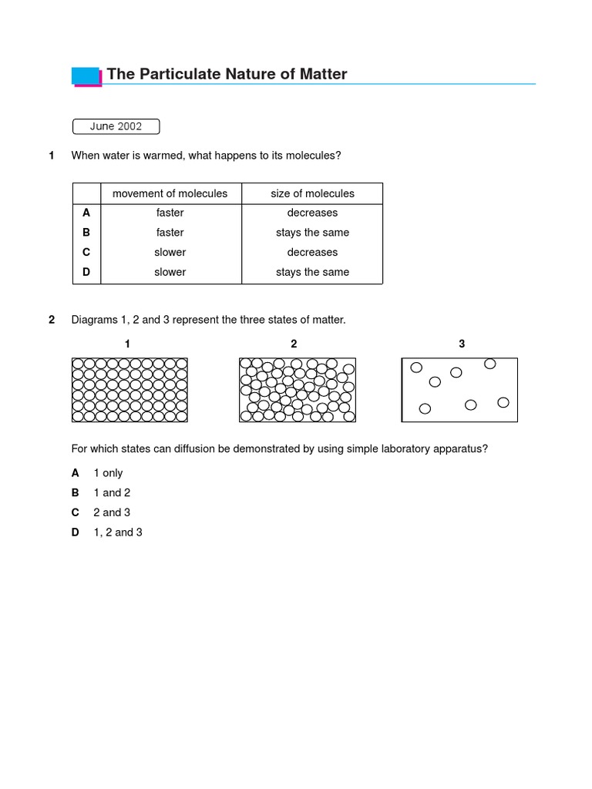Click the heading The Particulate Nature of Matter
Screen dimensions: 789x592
(227, 74)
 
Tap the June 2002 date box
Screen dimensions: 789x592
(116, 126)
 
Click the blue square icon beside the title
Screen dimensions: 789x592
(86, 76)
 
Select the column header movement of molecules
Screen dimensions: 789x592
(170, 193)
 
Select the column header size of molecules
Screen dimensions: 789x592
(312, 193)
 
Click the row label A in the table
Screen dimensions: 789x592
(86, 213)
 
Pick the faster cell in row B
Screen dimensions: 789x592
(170, 233)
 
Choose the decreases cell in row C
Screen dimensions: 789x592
(312, 252)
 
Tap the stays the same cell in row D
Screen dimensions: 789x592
(312, 272)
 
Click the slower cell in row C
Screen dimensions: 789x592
(170, 252)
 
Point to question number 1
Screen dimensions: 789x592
(52, 156)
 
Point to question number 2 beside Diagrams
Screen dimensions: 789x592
(52, 320)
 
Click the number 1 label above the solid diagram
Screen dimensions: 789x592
(127, 344)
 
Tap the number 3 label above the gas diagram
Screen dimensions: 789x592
(462, 344)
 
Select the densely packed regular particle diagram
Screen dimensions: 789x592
(129, 390)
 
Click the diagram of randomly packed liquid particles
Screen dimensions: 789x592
(297, 390)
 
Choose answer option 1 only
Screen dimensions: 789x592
(108, 473)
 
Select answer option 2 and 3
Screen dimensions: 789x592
(112, 512)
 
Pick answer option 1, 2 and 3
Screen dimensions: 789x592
(118, 532)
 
